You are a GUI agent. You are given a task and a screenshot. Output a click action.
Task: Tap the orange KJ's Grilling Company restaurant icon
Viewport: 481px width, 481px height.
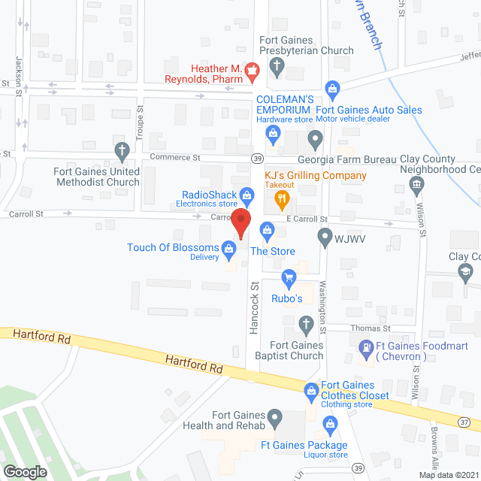(283, 198)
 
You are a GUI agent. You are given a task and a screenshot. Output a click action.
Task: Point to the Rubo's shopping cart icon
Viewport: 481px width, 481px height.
(288, 278)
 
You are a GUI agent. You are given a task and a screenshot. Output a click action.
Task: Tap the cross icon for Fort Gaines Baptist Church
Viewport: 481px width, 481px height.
(305, 325)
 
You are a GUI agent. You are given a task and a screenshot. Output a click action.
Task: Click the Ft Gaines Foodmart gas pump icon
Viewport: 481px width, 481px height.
(366, 348)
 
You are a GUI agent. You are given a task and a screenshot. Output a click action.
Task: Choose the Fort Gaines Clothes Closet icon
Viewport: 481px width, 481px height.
(310, 390)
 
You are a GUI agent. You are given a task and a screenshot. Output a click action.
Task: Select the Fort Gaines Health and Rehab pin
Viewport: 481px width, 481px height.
(276, 416)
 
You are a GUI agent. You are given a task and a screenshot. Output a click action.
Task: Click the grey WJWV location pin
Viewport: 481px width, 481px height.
(325, 237)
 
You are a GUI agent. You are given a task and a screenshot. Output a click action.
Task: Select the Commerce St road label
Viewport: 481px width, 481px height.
(175, 158)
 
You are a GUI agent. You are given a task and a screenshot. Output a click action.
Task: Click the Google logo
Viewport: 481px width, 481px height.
(25, 472)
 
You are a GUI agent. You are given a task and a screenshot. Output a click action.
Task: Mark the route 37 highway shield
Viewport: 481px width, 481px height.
(465, 423)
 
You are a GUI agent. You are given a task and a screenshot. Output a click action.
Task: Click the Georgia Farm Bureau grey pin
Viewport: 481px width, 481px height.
(316, 138)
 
